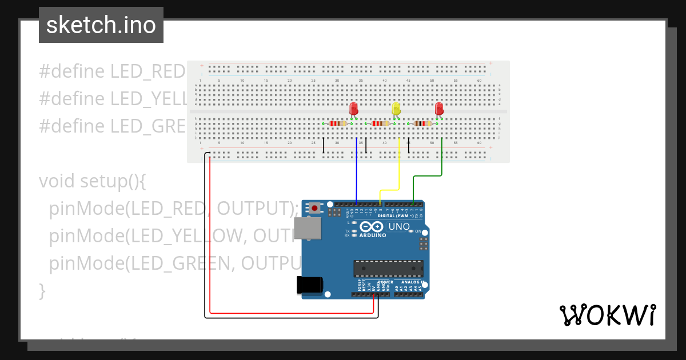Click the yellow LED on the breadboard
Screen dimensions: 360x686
(396, 109)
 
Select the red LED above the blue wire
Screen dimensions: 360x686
(353, 108)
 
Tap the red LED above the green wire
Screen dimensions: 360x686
(439, 108)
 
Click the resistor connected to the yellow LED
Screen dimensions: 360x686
(380, 123)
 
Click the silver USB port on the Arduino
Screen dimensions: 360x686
(307, 229)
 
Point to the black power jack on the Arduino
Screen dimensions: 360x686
(309, 285)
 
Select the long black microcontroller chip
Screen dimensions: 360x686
(388, 268)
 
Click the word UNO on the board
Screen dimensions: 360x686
(399, 227)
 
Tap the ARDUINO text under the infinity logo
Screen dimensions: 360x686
(372, 235)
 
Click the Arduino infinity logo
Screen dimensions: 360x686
(372, 227)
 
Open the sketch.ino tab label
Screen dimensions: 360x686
(101, 25)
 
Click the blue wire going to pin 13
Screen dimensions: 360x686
(357, 171)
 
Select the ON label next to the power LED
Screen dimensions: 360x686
(418, 231)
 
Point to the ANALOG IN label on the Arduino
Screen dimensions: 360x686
(412, 282)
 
